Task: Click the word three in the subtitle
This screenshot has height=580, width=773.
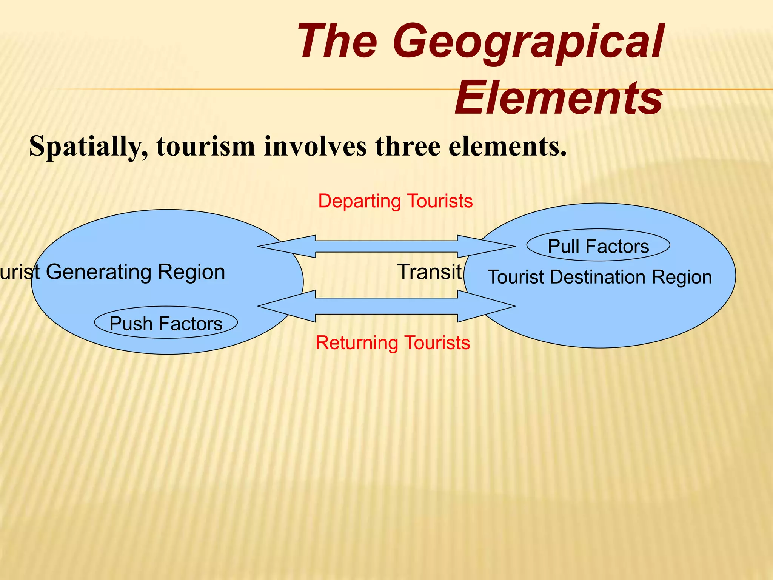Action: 408,147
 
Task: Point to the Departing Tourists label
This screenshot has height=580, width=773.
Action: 395,201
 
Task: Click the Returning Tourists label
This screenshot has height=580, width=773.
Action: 393,343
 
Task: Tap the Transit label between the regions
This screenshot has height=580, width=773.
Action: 429,272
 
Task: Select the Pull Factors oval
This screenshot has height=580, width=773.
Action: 598,246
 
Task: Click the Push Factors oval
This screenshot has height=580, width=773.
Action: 166,323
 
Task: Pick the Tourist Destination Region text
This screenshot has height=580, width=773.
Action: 599,277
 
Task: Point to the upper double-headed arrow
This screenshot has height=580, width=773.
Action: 386,247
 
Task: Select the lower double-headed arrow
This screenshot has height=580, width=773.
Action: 386,306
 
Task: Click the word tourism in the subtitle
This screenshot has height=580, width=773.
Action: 206,147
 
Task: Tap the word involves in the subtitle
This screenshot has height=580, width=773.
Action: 315,147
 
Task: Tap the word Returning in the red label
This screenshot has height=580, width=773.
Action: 357,343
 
